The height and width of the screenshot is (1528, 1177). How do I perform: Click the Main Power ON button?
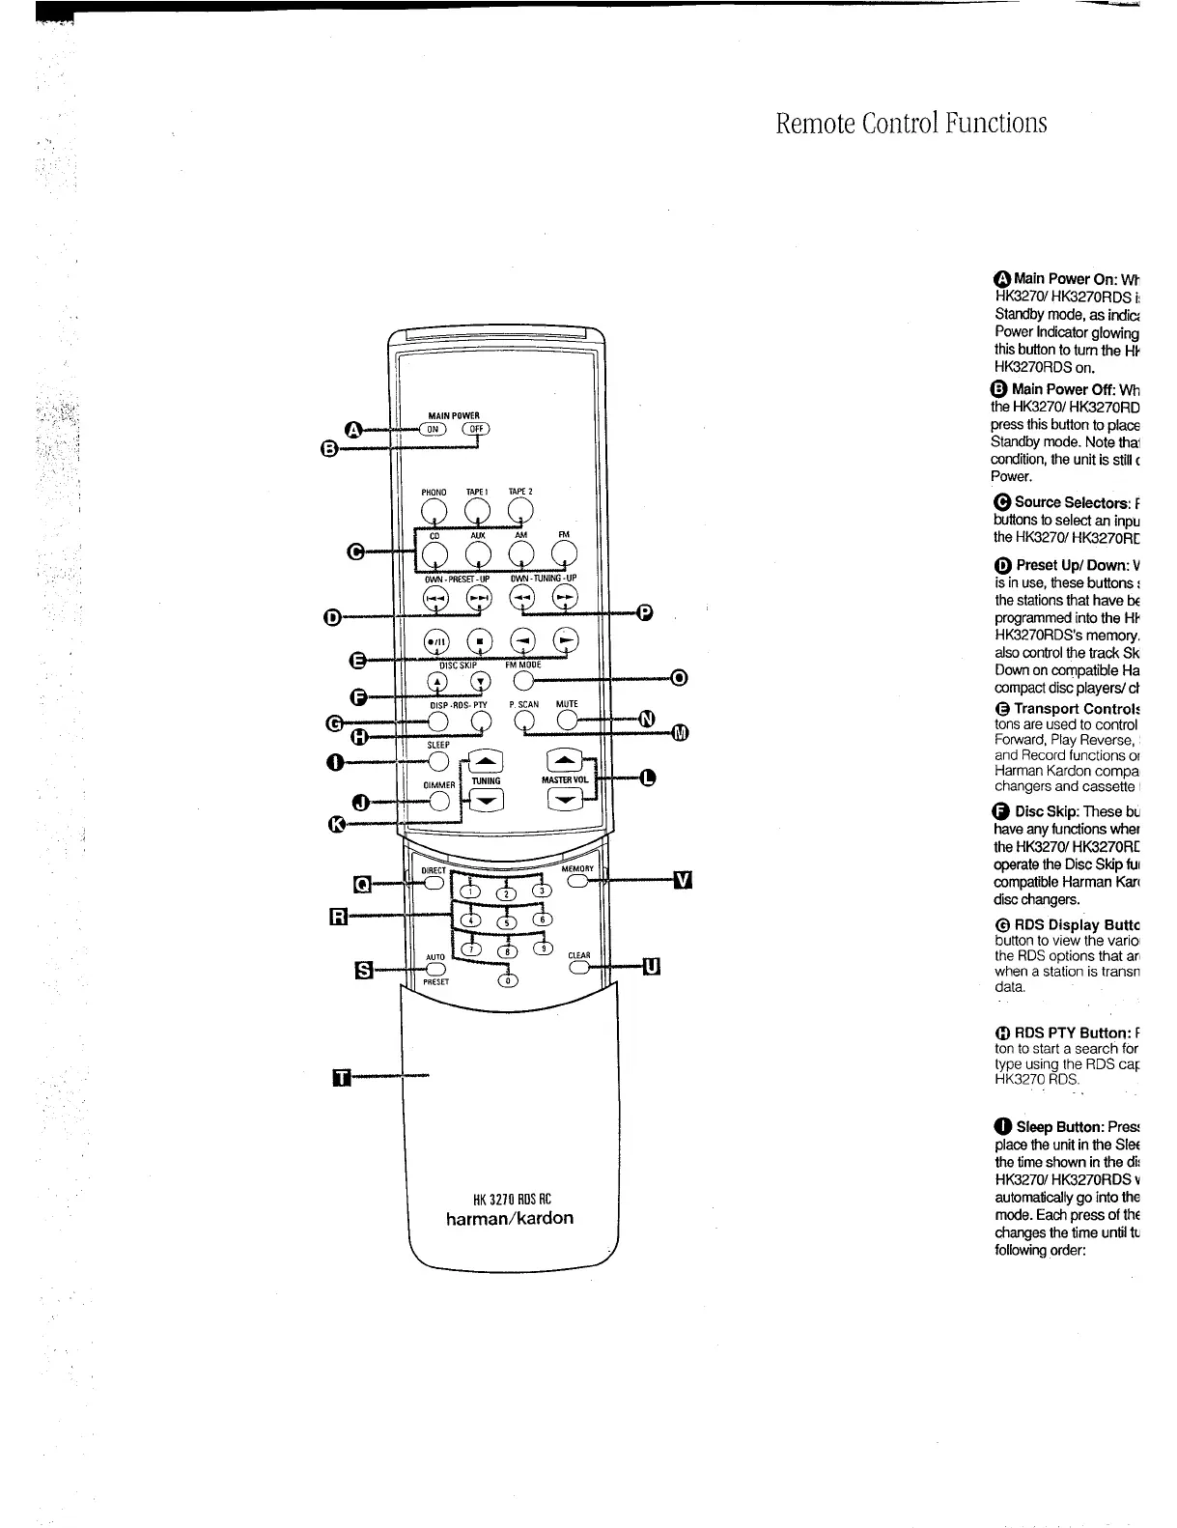(434, 430)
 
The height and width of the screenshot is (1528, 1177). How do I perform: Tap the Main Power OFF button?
(476, 430)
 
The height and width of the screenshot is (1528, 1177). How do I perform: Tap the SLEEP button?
(438, 761)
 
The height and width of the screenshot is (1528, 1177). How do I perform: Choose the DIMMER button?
(440, 801)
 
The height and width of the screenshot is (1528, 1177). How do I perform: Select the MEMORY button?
(578, 881)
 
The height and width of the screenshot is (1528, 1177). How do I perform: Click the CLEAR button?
(579, 968)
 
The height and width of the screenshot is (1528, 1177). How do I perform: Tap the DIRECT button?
(434, 881)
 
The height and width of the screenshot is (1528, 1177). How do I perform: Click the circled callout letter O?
(679, 678)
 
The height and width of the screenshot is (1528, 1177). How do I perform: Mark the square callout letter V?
(683, 880)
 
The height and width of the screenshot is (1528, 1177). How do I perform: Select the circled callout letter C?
(355, 552)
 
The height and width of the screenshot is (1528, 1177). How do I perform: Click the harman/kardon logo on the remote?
(509, 1218)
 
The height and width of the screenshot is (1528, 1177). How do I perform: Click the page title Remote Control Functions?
(911, 124)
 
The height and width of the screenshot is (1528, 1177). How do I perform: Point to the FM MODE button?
(522, 682)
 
